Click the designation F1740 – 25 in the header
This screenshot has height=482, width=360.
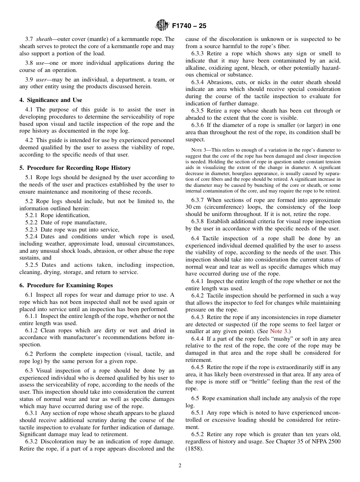pos(189,26)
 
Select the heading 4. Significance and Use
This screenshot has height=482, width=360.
pos(50,100)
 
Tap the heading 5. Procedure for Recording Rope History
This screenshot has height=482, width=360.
pos(75,168)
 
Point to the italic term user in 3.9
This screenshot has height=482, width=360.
pos(42,80)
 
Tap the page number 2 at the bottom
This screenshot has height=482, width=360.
pos(180,466)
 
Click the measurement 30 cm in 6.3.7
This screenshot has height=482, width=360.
pos(193,207)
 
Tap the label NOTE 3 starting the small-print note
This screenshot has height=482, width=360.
pos(199,150)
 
